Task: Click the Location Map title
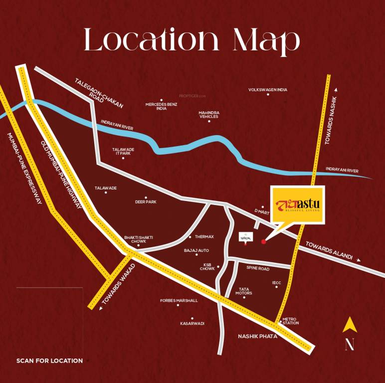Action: (x=192, y=40)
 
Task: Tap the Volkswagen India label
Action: (x=268, y=90)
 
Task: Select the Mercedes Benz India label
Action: (x=161, y=106)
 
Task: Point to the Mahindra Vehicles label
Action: (x=209, y=115)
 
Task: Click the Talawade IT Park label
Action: (x=123, y=151)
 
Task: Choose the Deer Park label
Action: (x=146, y=202)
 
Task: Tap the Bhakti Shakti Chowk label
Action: (x=135, y=239)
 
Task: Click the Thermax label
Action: (x=204, y=236)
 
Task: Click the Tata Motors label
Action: (x=244, y=291)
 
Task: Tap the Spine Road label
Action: (x=258, y=268)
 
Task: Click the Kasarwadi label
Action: (x=192, y=323)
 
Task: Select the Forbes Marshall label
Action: (x=179, y=301)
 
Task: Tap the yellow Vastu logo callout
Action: (x=297, y=205)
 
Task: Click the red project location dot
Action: (x=263, y=242)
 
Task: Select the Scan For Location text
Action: (x=49, y=361)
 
